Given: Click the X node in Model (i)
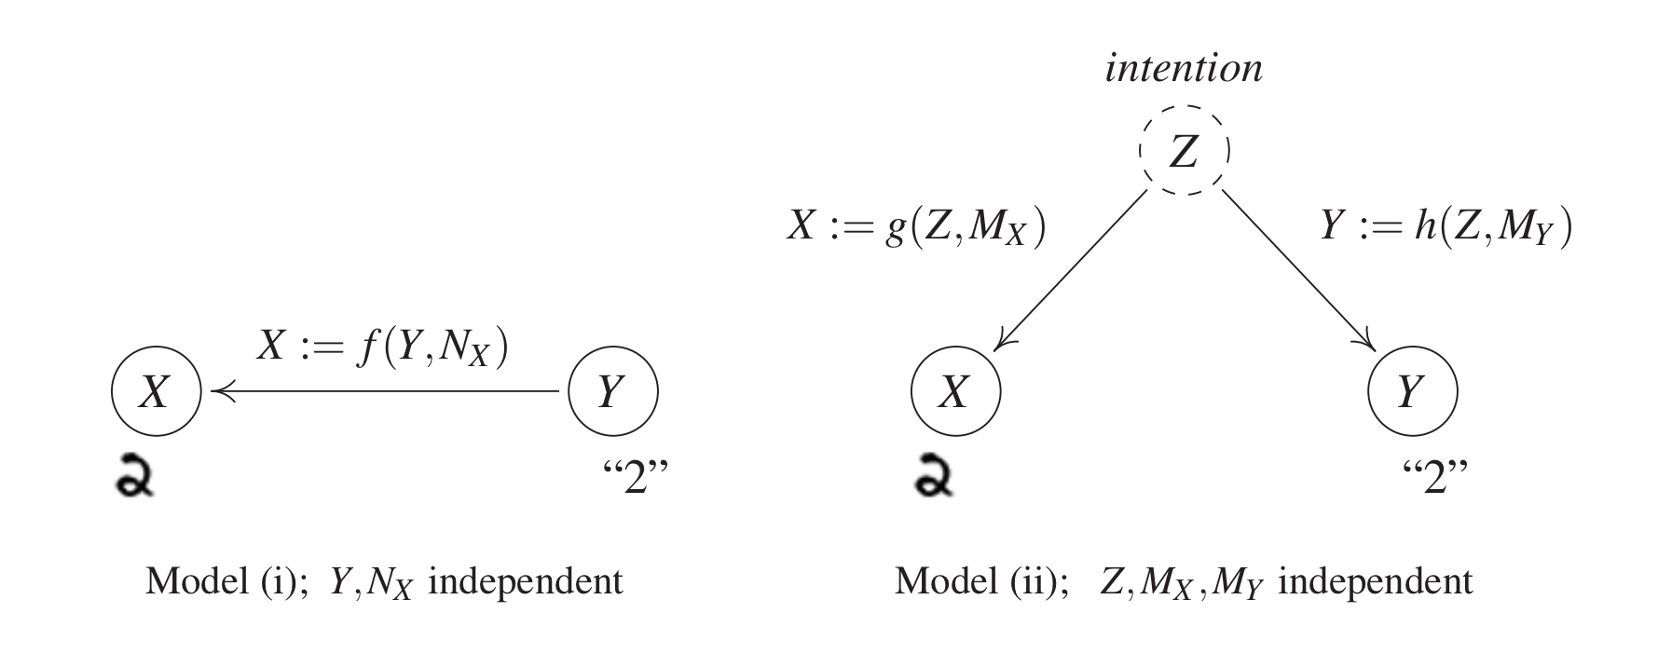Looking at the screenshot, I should [x=156, y=392].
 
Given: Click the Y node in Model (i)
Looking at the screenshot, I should [x=612, y=392].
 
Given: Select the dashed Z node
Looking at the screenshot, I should [x=1184, y=151].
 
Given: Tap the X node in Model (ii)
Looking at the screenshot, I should [x=955, y=392].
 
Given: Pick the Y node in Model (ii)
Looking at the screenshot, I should [x=1411, y=392].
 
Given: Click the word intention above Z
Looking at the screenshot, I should [x=1184, y=69].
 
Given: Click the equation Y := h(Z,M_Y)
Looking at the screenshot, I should [x=1446, y=226].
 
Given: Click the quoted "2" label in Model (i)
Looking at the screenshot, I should [x=635, y=477].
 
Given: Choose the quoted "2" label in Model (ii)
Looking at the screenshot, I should [x=1434, y=477].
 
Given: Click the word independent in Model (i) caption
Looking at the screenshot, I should [x=525, y=582].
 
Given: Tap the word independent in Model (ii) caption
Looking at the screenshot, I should [x=1375, y=582].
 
